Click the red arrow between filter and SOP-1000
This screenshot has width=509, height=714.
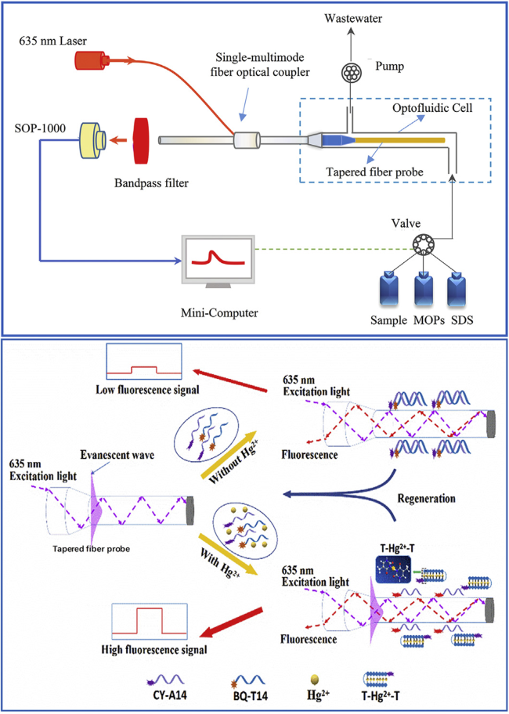[x=120, y=141]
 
